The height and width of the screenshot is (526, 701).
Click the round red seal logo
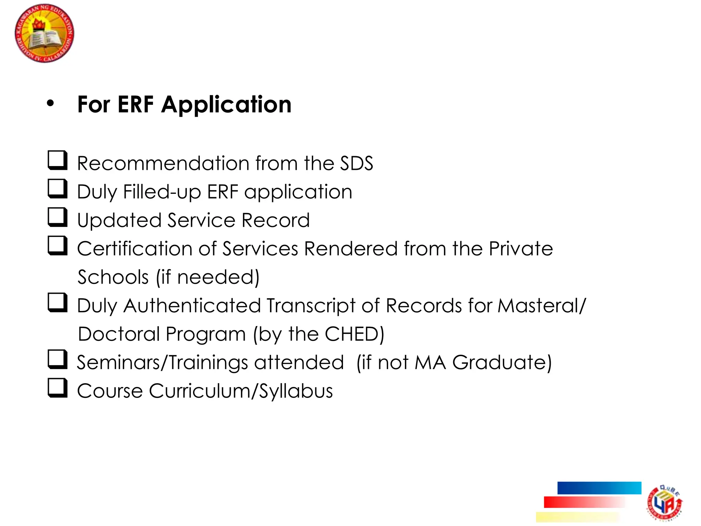click(x=44, y=33)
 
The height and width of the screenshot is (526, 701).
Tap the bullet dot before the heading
click(x=50, y=103)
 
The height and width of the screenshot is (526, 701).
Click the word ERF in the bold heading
click(x=136, y=104)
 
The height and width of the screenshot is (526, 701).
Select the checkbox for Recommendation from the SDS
click(x=57, y=160)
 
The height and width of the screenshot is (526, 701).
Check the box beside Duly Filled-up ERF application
click(x=57, y=188)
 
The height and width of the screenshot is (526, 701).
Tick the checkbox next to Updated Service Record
click(x=57, y=217)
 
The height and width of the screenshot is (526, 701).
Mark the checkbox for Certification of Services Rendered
click(x=57, y=245)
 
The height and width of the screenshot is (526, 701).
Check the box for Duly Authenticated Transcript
click(x=57, y=302)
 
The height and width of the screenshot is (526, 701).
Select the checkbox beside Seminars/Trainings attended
click(x=57, y=359)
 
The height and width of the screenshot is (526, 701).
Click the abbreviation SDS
click(x=356, y=163)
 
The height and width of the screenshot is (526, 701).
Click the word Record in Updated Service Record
click(x=276, y=220)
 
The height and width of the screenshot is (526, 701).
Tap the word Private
click(x=521, y=249)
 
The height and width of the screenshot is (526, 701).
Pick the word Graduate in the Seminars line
click(x=502, y=362)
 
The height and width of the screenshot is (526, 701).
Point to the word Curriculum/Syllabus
click(x=241, y=391)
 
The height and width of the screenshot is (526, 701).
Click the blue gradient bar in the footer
click(x=599, y=488)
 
